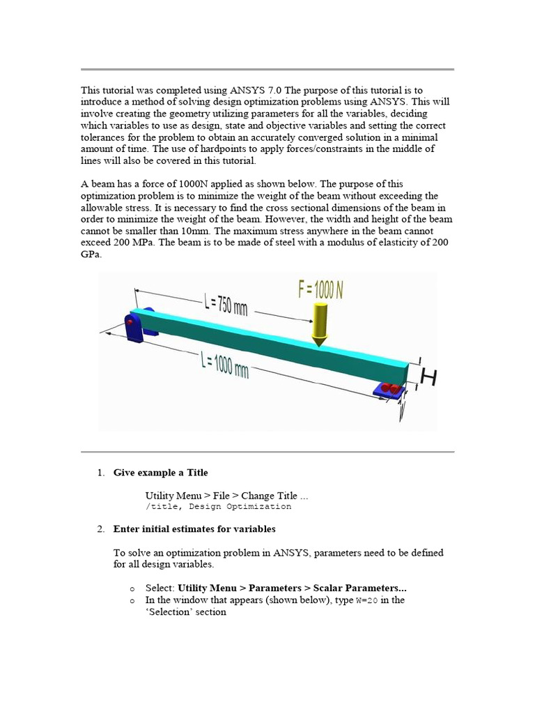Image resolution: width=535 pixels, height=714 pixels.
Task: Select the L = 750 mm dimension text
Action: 226,305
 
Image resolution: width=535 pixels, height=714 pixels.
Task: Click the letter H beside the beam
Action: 428,378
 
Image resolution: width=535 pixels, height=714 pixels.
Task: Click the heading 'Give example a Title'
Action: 160,473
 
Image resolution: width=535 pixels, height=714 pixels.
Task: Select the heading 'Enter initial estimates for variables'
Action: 194,529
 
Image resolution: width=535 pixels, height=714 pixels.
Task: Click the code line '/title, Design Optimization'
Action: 218,507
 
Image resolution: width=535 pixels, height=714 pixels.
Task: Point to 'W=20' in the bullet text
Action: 367,600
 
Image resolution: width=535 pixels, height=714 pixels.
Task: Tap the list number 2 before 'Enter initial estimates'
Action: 100,529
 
